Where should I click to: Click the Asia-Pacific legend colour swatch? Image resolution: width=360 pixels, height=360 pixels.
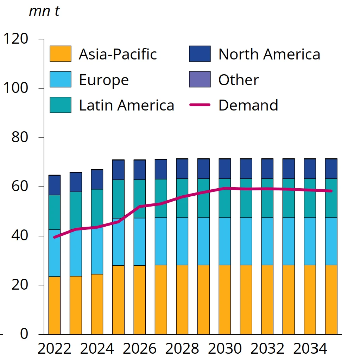60,54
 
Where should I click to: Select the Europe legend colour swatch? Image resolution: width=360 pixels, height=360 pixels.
60,80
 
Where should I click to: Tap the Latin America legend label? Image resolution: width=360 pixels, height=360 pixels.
126,105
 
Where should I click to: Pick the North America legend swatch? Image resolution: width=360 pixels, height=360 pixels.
200,54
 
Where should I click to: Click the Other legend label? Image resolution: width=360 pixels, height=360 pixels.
239,80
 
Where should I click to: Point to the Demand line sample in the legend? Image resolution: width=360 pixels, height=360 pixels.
200,105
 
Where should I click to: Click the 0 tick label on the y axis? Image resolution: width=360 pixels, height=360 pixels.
24,334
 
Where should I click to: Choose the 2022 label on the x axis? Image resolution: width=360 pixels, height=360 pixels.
54,349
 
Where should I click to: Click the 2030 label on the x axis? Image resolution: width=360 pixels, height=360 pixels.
225,349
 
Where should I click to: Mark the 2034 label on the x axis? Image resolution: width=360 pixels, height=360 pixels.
310,349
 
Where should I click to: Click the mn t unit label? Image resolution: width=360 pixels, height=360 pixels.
44,11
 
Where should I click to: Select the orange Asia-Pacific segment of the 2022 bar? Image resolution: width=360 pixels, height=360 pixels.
54,305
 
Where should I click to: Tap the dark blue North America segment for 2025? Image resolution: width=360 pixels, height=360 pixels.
118,170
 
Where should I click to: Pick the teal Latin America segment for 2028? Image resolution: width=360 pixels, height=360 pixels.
182,198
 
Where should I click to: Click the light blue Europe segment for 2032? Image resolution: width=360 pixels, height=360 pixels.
267,241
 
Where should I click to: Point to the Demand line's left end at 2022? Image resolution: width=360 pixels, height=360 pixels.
54,237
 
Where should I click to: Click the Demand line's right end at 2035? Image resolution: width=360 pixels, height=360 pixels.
331,191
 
